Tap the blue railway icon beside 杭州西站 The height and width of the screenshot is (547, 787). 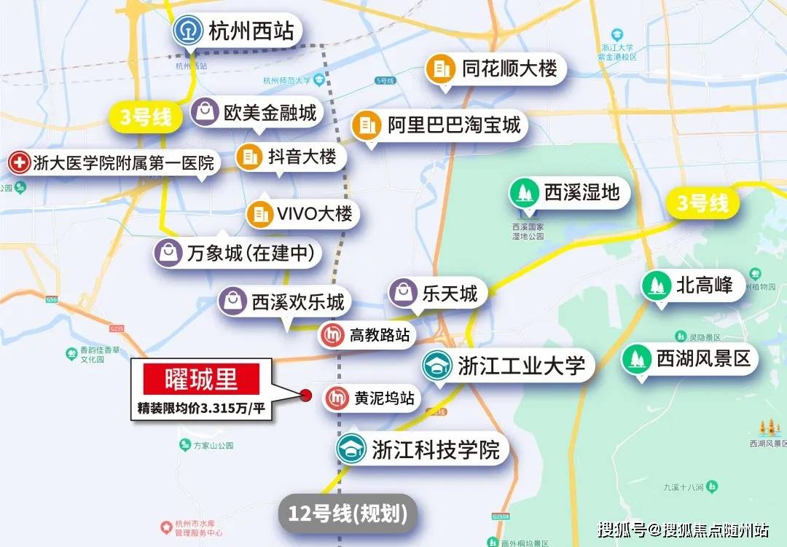(186, 32)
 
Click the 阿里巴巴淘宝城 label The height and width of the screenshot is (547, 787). (453, 125)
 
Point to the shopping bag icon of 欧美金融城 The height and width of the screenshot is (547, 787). (205, 112)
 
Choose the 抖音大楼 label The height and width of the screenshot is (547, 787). (302, 157)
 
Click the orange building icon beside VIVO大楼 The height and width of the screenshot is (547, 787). (259, 214)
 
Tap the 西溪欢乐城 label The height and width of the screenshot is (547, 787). (297, 301)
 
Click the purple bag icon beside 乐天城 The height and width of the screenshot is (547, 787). (403, 293)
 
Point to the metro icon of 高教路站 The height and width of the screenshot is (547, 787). (332, 336)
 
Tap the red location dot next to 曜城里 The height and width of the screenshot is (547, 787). (306, 396)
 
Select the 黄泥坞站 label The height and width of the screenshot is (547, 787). (384, 398)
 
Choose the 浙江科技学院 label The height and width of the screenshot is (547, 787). (436, 450)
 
